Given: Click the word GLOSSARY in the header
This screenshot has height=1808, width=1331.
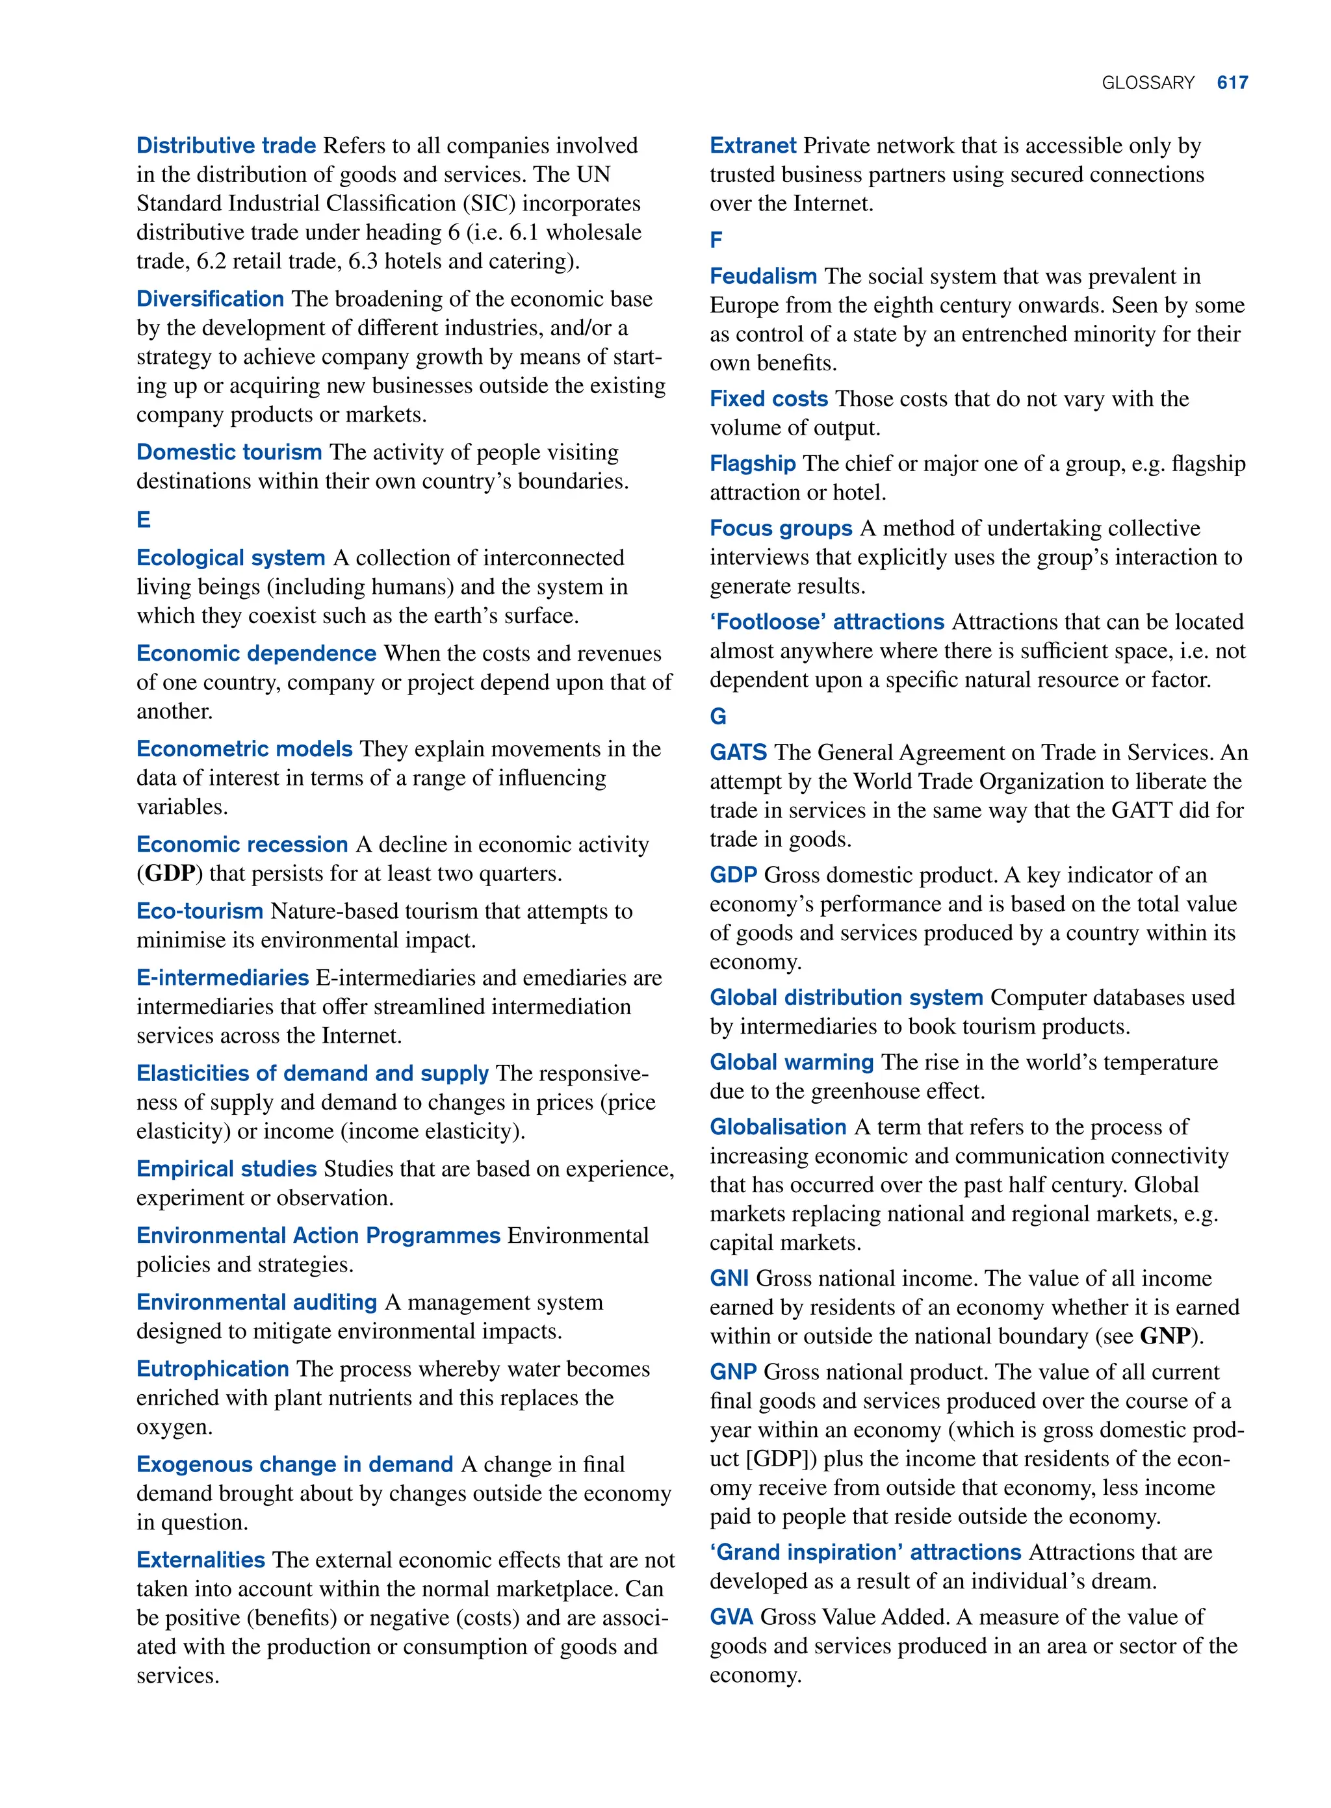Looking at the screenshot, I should pos(1147,83).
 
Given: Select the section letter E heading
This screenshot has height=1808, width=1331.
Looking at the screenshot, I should pos(144,520).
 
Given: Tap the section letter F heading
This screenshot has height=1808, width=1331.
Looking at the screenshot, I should pos(716,239).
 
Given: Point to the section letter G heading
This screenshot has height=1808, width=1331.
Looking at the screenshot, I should pos(718,716).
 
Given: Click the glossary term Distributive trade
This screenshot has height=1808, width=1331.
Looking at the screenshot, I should pos(226,145).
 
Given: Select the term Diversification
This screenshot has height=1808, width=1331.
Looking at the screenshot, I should pos(209,299).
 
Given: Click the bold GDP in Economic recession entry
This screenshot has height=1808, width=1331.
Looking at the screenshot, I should pos(170,873).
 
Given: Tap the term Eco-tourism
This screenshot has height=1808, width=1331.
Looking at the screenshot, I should pos(199,911).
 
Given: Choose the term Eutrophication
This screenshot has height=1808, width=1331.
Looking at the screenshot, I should pos(212,1368).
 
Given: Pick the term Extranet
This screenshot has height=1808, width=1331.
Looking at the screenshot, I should pos(753,145).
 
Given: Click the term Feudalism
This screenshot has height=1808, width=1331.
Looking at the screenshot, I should pos(762,276).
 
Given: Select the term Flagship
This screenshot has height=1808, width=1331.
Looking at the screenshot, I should pos(752,463).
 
